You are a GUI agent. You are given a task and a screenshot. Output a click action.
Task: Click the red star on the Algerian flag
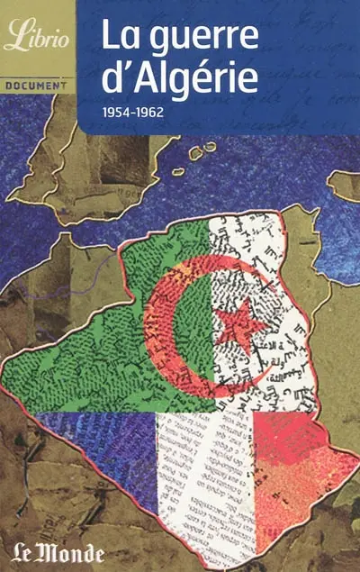point(241,322)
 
